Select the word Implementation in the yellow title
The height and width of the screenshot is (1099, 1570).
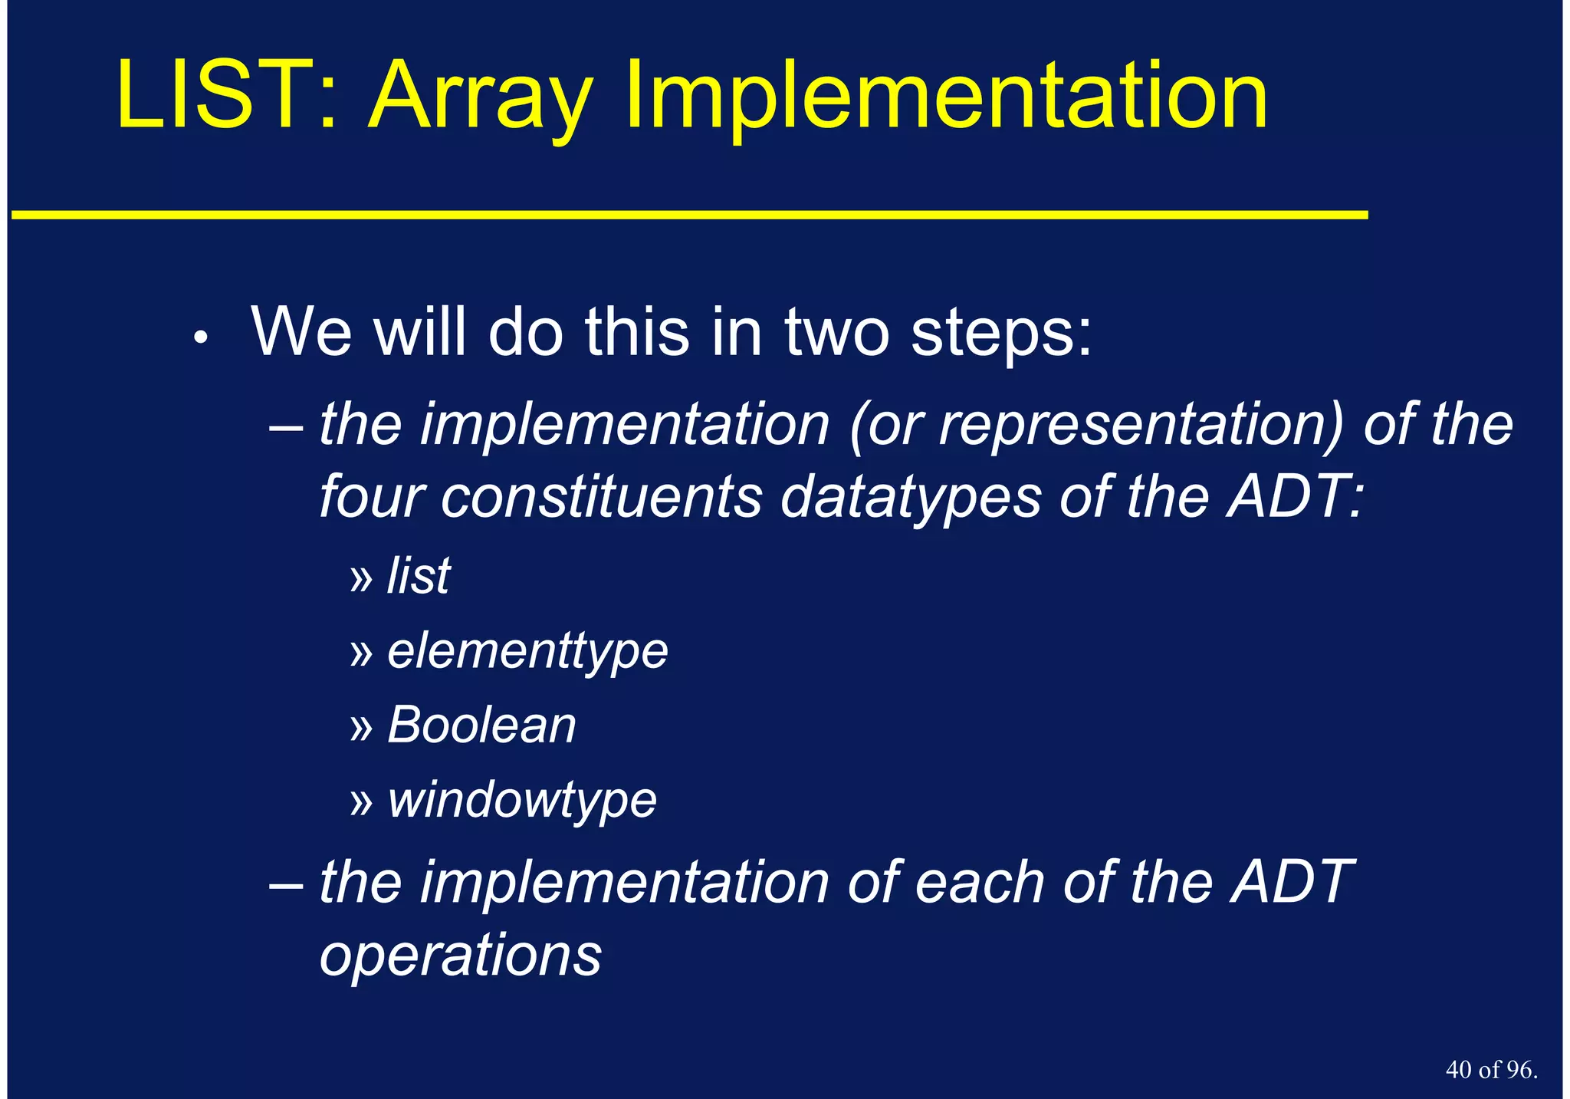(x=946, y=100)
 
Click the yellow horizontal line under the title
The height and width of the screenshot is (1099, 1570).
(x=690, y=216)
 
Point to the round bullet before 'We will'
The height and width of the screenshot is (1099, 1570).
(x=201, y=337)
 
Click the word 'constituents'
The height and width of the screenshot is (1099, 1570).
(x=602, y=497)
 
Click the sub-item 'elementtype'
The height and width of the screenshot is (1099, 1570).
(x=527, y=652)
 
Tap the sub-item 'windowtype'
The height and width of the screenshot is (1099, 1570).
(x=522, y=800)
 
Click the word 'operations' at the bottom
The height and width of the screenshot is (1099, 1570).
(x=460, y=956)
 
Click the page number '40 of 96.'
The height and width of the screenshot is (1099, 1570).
(x=1491, y=1070)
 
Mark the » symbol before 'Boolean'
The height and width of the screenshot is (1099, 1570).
(x=360, y=727)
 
